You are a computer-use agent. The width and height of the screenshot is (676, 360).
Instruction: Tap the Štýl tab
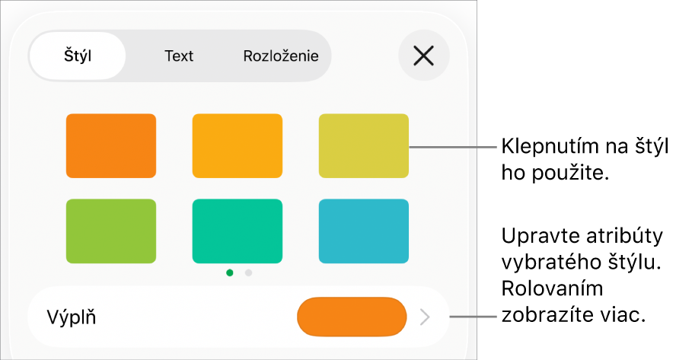78,56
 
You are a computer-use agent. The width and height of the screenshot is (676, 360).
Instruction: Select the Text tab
179,56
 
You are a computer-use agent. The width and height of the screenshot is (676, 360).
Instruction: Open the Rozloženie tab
281,56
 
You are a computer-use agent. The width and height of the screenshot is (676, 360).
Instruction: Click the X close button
424,56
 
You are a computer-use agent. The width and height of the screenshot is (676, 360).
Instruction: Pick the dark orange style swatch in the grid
111,145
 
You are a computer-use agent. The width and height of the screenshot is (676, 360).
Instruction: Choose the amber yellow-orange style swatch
237,145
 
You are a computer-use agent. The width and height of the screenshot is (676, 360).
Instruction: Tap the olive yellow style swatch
363,145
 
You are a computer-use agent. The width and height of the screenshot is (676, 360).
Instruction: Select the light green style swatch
111,231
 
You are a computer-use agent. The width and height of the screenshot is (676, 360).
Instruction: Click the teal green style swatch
237,231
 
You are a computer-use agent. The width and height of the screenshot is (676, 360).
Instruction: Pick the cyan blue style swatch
363,231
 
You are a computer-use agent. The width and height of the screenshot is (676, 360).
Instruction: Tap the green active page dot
230,273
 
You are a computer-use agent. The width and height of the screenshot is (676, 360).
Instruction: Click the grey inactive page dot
248,273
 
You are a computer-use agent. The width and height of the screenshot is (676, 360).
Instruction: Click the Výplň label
71,317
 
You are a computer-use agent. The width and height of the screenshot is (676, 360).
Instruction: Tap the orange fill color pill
352,317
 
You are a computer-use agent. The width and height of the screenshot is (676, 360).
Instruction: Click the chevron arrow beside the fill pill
425,317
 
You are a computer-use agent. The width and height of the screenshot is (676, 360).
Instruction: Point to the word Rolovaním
552,288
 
